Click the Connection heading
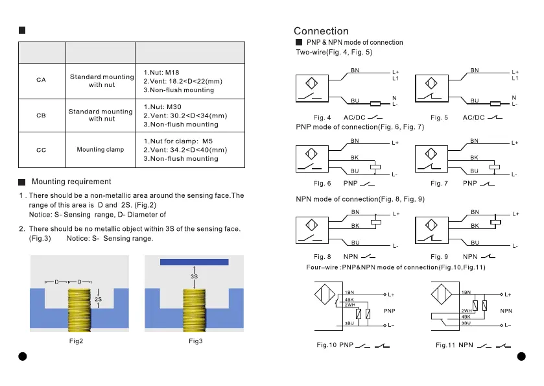(321, 31)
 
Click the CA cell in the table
(41, 80)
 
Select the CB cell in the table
(41, 115)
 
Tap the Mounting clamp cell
(100, 150)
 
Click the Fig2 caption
(77, 342)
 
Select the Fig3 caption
(196, 342)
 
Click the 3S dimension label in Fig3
(194, 276)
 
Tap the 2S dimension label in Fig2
(98, 299)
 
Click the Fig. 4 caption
(322, 117)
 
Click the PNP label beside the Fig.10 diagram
(390, 311)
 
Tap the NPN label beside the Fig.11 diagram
(506, 311)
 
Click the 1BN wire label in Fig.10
(349, 293)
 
